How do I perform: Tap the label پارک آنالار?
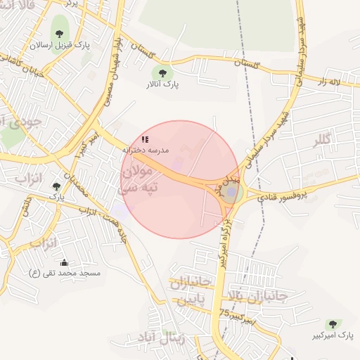(162, 84)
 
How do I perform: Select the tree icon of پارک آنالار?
(162, 72)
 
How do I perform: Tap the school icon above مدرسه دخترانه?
(145, 140)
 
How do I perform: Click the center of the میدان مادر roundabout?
(232, 191)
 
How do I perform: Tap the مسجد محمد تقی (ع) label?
(65, 272)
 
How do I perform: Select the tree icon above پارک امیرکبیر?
(332, 323)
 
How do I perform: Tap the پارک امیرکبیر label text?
(332, 335)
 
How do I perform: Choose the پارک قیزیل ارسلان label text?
(60, 45)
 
